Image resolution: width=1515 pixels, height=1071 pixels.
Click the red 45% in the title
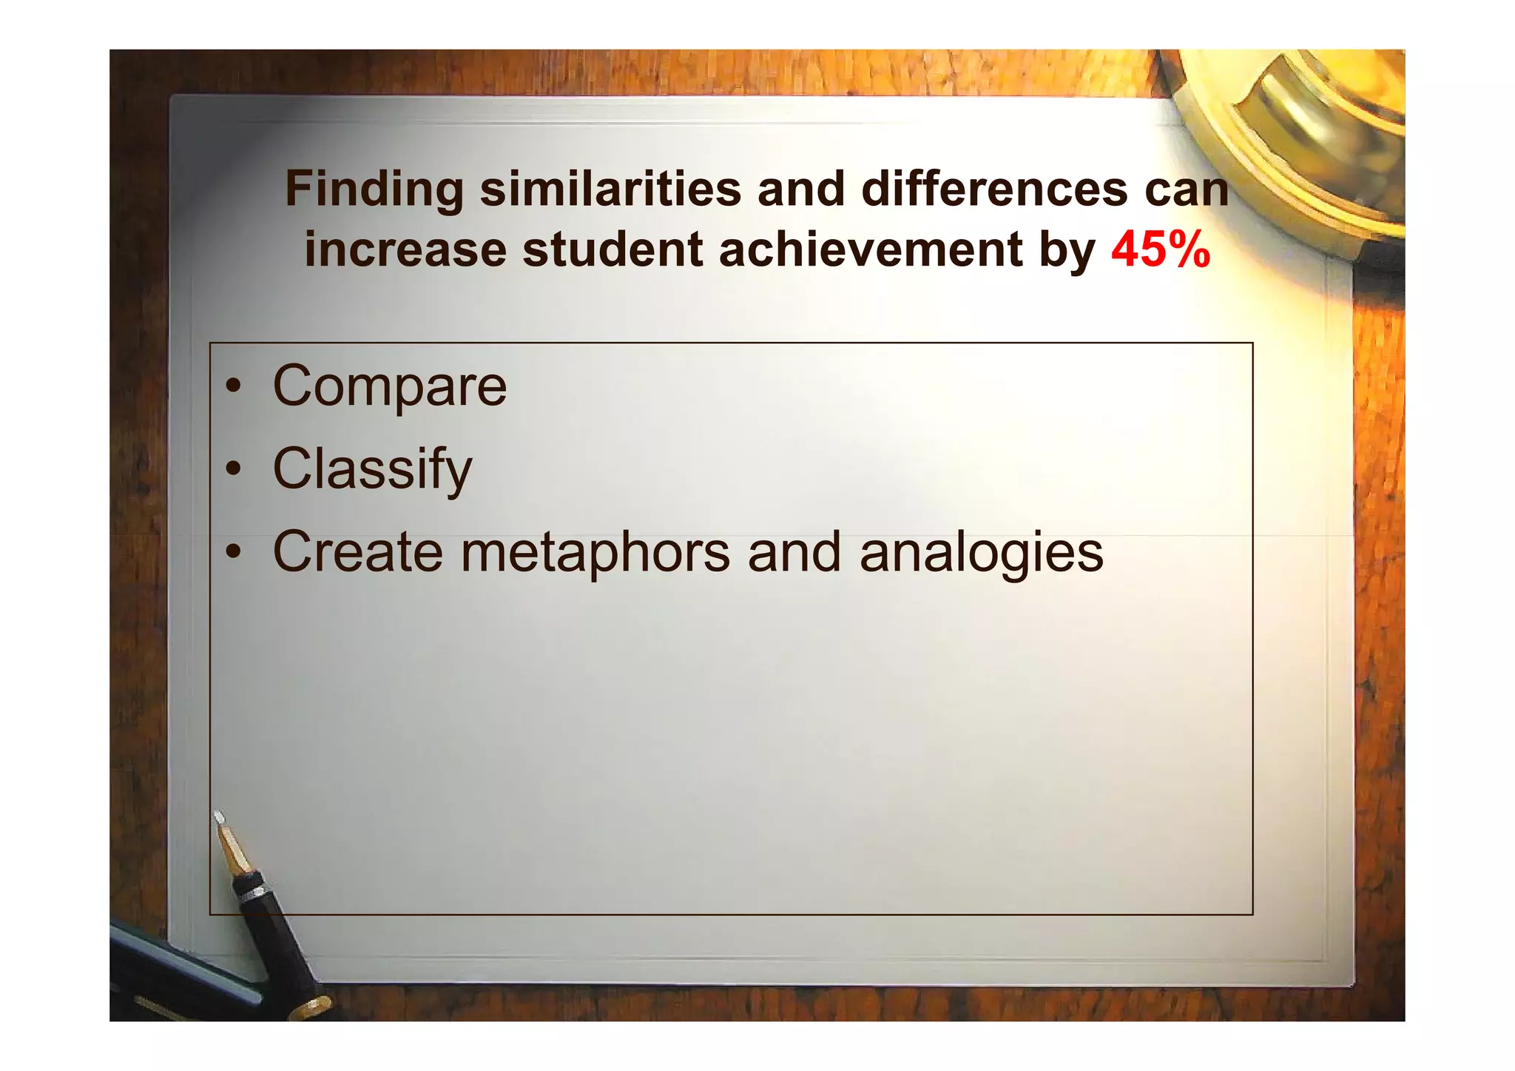coord(1160,249)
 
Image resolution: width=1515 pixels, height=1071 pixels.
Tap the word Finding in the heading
coord(374,189)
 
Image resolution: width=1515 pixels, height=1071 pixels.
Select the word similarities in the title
coord(610,189)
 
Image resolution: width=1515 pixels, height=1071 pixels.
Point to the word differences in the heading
coord(994,189)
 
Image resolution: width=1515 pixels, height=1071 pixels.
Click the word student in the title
coord(613,249)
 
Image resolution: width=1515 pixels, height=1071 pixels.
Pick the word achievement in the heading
coord(870,249)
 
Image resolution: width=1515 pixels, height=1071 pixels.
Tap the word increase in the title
coord(405,249)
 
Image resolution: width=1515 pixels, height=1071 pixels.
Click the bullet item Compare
coord(390,386)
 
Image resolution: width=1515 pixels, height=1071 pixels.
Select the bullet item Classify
coord(372,469)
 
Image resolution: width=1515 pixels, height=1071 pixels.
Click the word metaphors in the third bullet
coord(595,552)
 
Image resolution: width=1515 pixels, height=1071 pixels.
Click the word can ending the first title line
coord(1187,189)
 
